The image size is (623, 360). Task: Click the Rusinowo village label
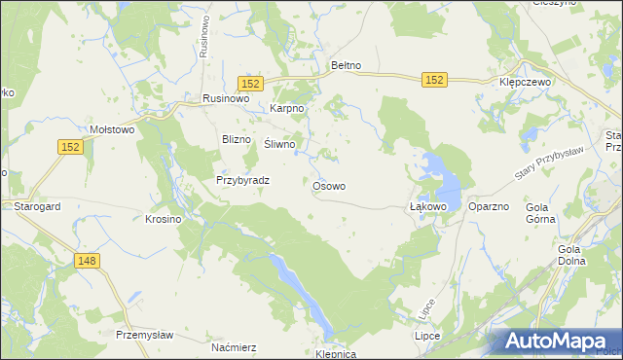click(x=227, y=98)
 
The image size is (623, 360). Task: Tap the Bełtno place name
click(x=347, y=65)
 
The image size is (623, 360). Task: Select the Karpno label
click(x=288, y=108)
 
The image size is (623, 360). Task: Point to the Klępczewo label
click(x=525, y=83)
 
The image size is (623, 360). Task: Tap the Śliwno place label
click(x=279, y=144)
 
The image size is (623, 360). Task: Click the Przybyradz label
click(x=242, y=180)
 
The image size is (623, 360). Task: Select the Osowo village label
click(x=329, y=185)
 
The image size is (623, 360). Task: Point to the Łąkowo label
click(x=427, y=207)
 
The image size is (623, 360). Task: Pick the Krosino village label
click(x=164, y=219)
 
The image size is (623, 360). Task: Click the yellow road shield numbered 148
click(x=87, y=261)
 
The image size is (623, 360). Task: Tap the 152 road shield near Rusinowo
click(x=250, y=85)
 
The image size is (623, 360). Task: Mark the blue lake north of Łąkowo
click(x=440, y=175)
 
